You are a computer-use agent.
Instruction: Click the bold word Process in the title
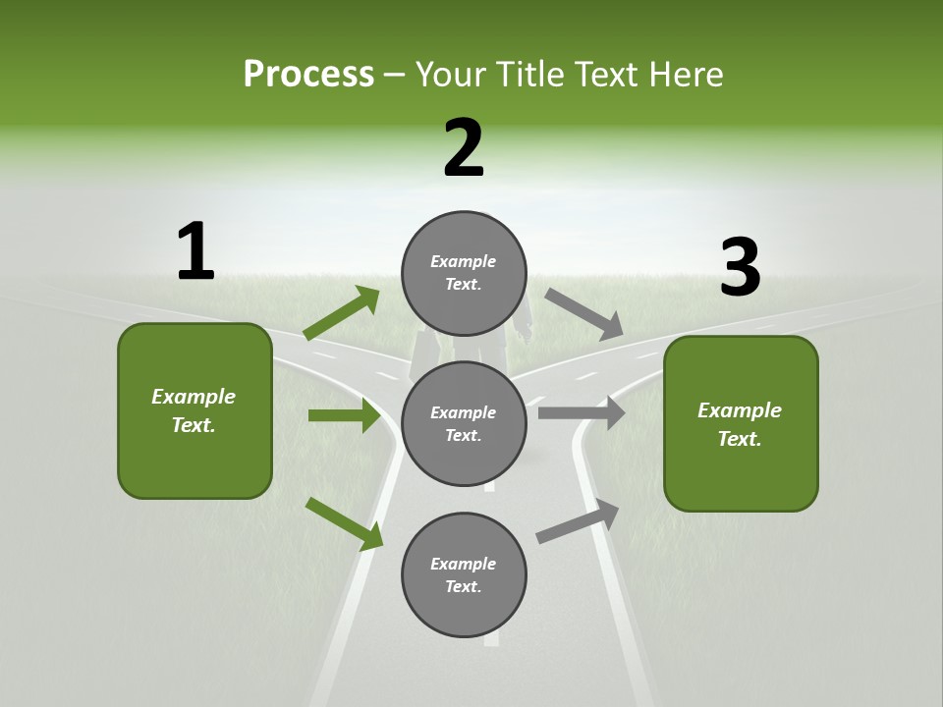click(308, 75)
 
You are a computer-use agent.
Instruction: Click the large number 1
click(195, 251)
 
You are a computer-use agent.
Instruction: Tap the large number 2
click(464, 148)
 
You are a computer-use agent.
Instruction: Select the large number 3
click(741, 268)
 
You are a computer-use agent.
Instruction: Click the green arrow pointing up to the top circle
click(342, 313)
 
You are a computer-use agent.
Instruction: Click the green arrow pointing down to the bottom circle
click(345, 523)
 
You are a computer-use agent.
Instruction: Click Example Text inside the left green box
click(194, 410)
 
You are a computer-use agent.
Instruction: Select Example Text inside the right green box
click(740, 424)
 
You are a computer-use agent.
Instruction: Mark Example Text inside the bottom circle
click(464, 575)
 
